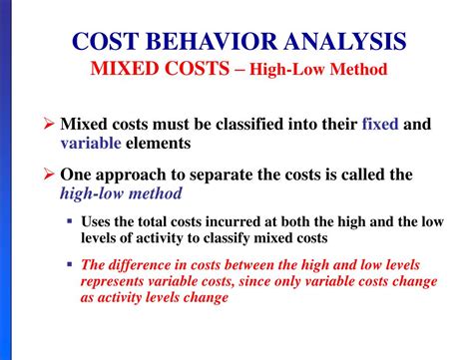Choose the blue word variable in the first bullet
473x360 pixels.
pos(90,144)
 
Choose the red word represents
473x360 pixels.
pos(115,281)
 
